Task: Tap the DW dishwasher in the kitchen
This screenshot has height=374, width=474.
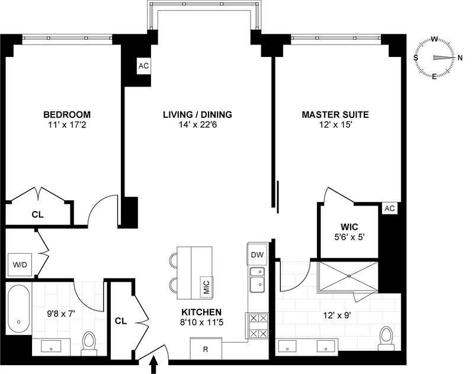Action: (257, 254)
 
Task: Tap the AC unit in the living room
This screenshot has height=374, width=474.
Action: (143, 66)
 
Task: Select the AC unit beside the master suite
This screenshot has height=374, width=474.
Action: (389, 209)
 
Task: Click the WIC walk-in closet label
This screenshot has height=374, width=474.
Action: (349, 227)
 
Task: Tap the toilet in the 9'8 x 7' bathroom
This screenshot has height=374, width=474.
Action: (89, 343)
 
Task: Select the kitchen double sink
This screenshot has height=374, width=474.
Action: (258, 279)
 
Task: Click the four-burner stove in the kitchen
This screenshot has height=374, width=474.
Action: (258, 325)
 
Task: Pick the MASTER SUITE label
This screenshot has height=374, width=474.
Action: (335, 114)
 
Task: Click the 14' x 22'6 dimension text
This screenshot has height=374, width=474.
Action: (197, 126)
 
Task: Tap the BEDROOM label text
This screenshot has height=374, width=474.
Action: (66, 114)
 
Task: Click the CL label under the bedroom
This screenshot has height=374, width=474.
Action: (37, 213)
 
